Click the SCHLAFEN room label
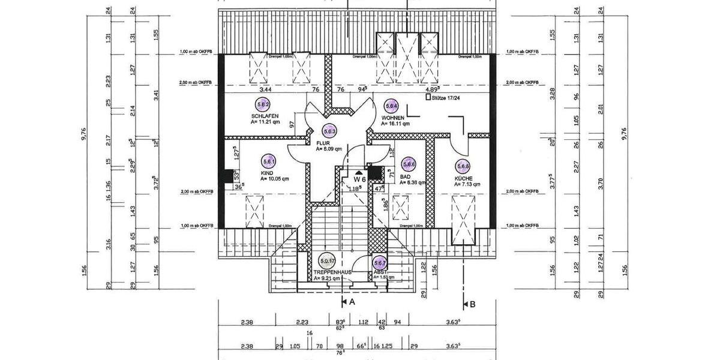point(265,115)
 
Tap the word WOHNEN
point(393,118)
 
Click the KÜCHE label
point(463,178)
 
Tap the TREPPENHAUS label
point(332,272)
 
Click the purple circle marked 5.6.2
point(262,104)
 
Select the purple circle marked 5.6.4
point(392,106)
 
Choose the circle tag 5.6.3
point(329,131)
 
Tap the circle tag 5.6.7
point(380,263)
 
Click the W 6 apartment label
point(359,179)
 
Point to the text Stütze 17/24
point(446,97)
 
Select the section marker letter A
point(352,303)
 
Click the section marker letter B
point(472,304)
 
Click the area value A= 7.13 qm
point(467,185)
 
